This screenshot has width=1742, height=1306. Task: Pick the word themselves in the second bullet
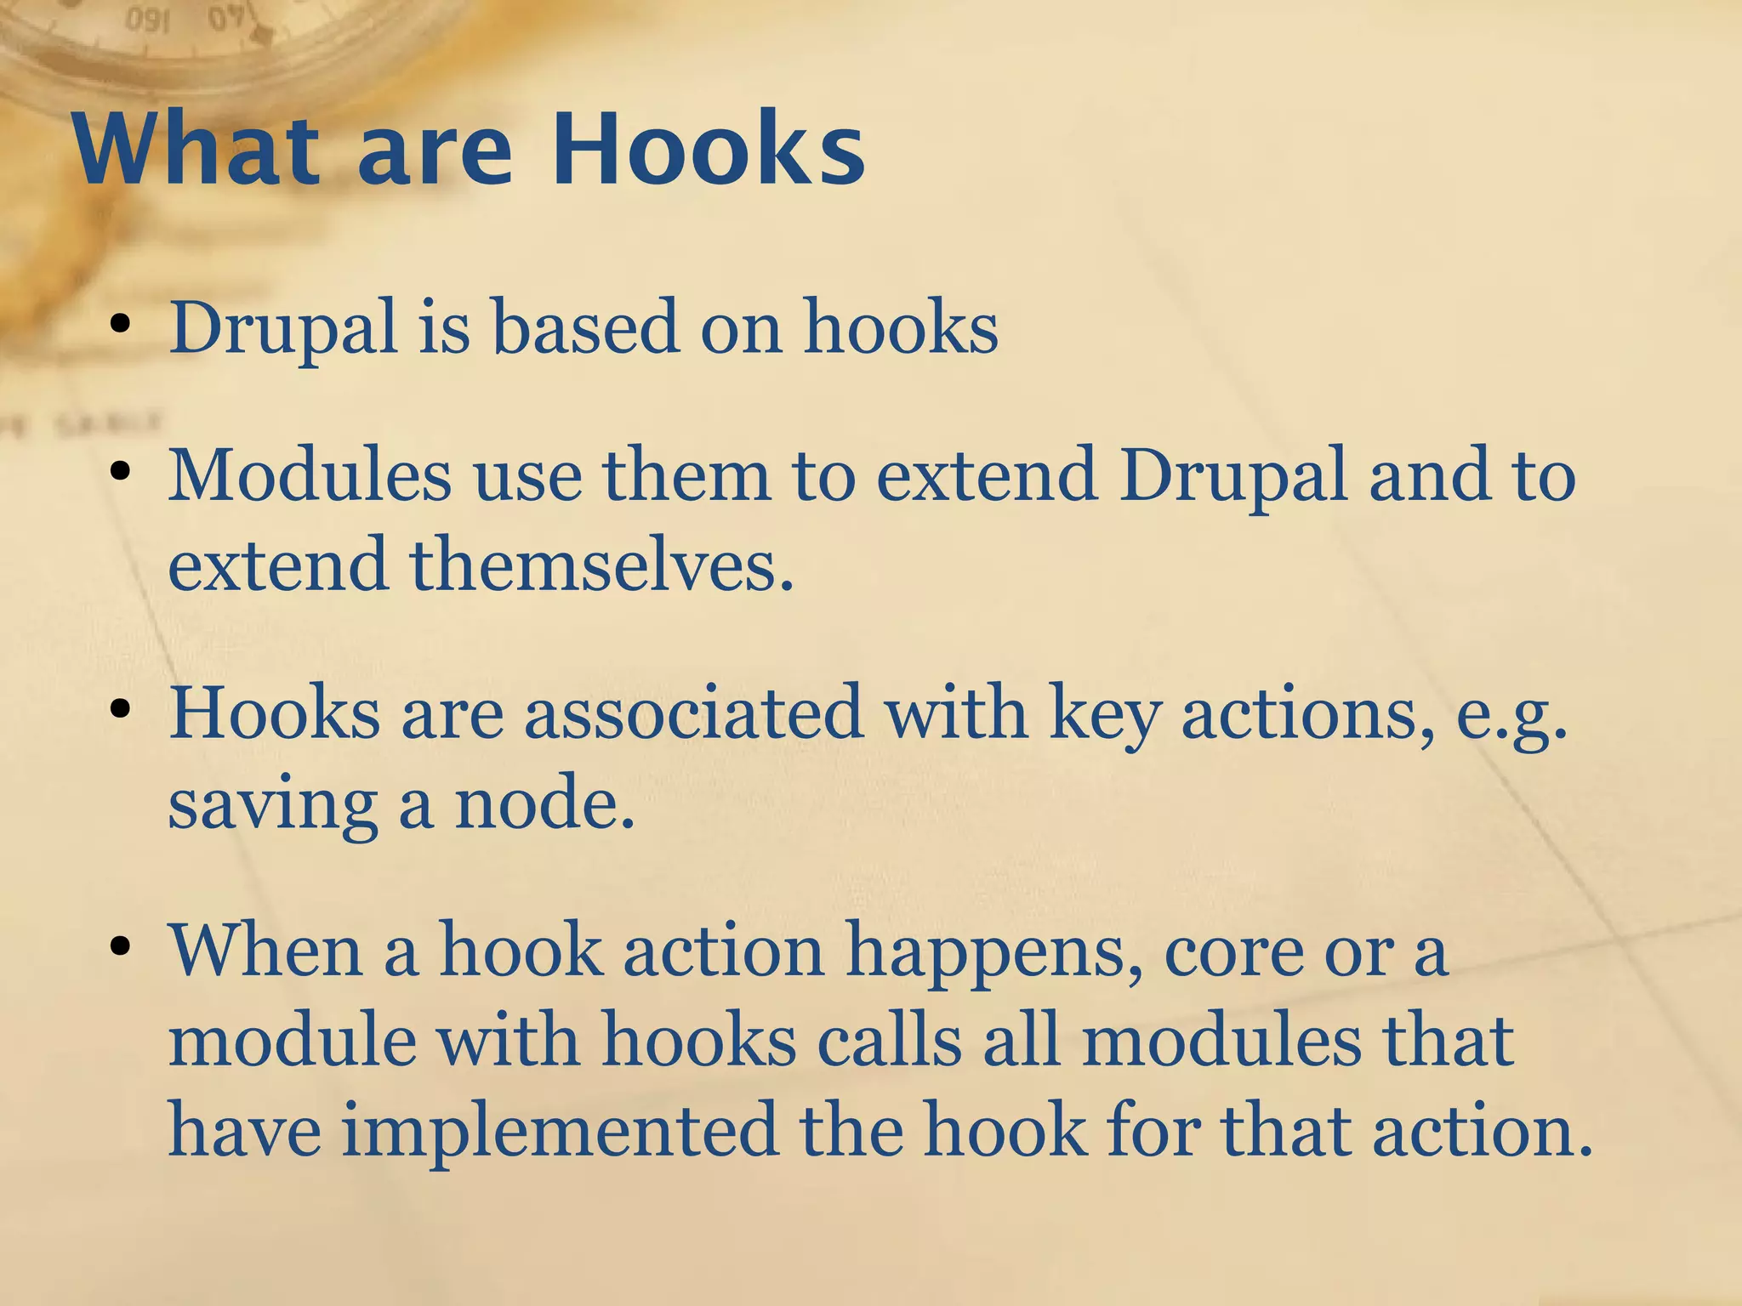[x=602, y=565]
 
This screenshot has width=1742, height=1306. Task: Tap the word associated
[x=693, y=713]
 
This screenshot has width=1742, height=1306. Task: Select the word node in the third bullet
[x=544, y=803]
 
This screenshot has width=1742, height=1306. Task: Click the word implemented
[x=560, y=1132]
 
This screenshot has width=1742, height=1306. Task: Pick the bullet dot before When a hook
[x=120, y=946]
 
